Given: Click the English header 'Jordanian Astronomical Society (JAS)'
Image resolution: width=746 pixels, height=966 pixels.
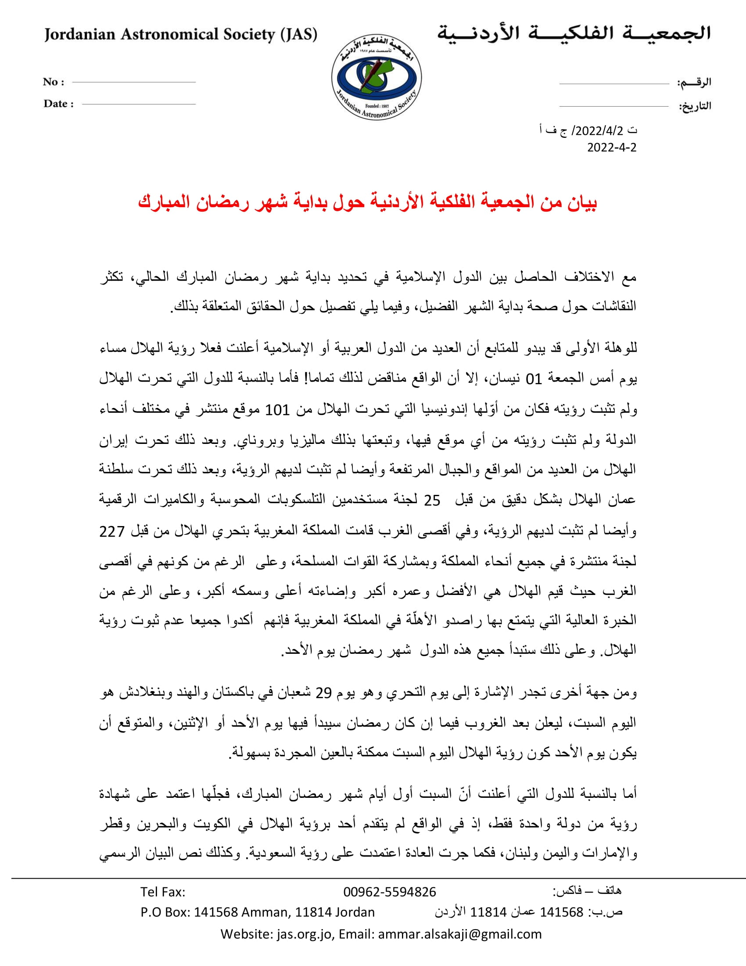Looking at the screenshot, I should pyautogui.click(x=180, y=35).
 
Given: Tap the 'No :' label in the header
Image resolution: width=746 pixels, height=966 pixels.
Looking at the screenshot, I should pyautogui.click(x=54, y=82).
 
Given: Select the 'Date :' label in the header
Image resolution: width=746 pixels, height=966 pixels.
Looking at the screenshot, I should pyautogui.click(x=58, y=104).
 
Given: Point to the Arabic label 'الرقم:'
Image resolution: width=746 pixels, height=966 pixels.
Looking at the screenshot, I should pyautogui.click(x=694, y=82).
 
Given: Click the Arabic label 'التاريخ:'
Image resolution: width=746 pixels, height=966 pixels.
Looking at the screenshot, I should pyautogui.click(x=695, y=106).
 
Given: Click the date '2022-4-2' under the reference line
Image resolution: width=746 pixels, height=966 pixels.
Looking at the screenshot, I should pyautogui.click(x=612, y=147).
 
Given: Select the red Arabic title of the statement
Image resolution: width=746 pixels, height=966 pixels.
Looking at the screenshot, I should pyautogui.click(x=367, y=202).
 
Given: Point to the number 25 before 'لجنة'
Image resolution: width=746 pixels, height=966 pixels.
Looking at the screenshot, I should pyautogui.click(x=432, y=500).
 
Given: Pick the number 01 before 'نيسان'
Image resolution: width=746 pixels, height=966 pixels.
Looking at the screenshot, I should pyautogui.click(x=534, y=379).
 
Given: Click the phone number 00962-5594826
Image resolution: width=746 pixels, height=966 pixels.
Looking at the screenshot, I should pyautogui.click(x=389, y=892).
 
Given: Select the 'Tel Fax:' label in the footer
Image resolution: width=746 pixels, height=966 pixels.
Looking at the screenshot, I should pyautogui.click(x=163, y=892).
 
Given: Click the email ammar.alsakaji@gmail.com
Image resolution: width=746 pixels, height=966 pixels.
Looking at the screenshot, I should pyautogui.click(x=459, y=934).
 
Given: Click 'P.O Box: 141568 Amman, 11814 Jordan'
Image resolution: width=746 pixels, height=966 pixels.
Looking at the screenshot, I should pyautogui.click(x=257, y=912).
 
